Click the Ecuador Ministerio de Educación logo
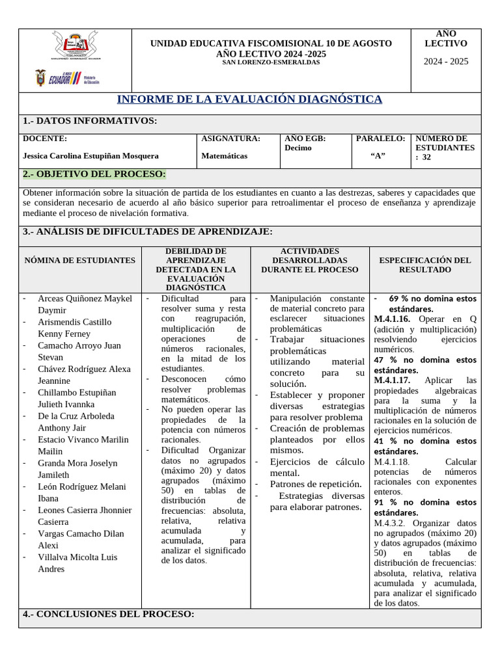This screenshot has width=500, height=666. click(x=67, y=79)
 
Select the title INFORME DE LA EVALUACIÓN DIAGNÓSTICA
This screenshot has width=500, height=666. click(x=249, y=100)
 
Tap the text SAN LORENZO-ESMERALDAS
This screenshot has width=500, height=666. click(x=271, y=62)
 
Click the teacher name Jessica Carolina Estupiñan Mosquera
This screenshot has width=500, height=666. click(x=90, y=156)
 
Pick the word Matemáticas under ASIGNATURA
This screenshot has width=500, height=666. click(x=224, y=156)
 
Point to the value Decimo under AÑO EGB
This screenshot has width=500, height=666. click(x=298, y=148)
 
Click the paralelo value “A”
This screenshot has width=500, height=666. click(x=378, y=155)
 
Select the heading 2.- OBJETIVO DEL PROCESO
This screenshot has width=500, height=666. click(x=94, y=174)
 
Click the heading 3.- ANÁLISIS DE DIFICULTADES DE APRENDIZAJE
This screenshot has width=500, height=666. click(x=147, y=232)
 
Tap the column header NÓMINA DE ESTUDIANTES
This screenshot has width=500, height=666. click(x=80, y=260)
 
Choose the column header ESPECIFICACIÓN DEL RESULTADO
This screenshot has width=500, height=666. click(x=424, y=265)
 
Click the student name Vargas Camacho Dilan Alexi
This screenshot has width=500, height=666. click(x=80, y=539)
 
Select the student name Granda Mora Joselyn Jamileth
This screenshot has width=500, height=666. click(x=77, y=469)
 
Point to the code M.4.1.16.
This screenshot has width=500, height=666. click(x=391, y=319)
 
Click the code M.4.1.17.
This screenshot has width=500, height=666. click(x=391, y=380)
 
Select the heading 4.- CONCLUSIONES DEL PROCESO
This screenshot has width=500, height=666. click(x=108, y=614)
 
